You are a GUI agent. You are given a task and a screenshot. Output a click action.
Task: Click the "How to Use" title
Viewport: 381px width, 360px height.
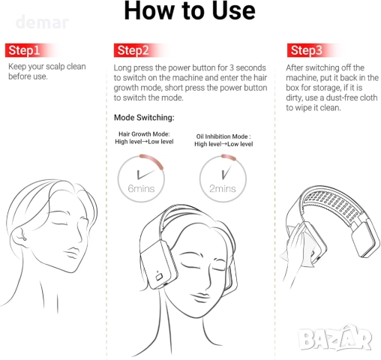(190, 10)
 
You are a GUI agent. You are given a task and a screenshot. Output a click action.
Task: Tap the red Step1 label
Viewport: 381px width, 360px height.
(24, 50)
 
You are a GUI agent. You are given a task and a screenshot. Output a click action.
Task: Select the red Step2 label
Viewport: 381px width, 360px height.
(133, 50)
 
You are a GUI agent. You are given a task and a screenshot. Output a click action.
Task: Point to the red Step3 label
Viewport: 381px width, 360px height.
(307, 50)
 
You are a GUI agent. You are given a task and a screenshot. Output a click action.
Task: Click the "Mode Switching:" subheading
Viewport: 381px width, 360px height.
(144, 118)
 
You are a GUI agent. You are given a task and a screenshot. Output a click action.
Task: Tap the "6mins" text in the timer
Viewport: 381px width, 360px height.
(141, 188)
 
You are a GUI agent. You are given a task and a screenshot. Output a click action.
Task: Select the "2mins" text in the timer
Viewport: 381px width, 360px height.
(223, 188)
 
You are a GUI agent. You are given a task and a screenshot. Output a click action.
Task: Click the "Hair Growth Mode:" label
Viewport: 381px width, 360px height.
(144, 134)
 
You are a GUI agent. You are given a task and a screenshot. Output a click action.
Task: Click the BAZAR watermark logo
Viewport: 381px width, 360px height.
(335, 338)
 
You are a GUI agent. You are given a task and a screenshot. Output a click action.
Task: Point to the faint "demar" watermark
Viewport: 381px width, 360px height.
(42, 22)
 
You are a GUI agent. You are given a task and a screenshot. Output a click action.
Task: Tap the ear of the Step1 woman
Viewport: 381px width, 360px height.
(19, 236)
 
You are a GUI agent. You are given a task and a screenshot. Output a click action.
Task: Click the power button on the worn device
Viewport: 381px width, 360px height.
(159, 277)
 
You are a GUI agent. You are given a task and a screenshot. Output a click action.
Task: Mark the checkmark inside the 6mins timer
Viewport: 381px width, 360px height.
(145, 174)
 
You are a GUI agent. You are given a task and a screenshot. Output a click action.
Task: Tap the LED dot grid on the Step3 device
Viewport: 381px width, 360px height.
(334, 205)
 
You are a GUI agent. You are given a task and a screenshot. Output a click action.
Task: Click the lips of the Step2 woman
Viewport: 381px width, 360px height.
(200, 297)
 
